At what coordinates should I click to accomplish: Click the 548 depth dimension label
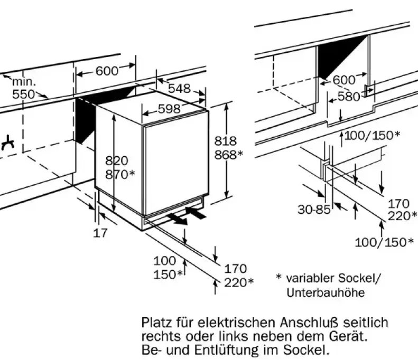(179, 89)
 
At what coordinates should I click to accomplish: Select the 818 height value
(225, 141)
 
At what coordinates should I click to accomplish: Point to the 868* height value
(228, 154)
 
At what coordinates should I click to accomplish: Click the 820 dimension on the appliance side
(117, 161)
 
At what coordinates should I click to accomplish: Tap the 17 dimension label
(100, 232)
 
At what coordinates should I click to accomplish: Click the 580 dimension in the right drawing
(349, 97)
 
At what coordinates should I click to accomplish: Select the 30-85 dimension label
(313, 210)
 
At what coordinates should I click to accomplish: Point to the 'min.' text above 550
(24, 82)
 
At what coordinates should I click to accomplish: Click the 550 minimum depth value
(23, 94)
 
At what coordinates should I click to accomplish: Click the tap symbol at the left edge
(6, 143)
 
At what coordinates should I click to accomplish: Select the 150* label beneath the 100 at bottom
(168, 274)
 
